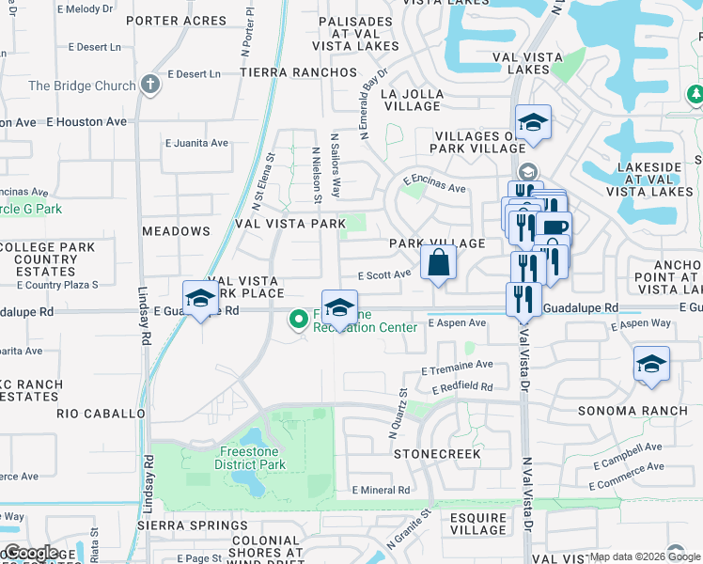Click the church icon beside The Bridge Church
(149, 86)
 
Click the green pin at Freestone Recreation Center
(299, 321)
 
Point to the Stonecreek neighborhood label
(437, 453)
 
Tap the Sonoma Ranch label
(633, 412)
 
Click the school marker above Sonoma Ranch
(651, 365)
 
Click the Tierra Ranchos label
(288, 72)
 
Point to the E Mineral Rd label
(381, 490)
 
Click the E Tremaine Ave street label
(458, 366)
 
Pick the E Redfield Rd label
(462, 386)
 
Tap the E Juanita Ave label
(196, 143)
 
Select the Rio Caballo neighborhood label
(101, 413)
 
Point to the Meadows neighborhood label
(176, 230)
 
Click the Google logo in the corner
(30, 553)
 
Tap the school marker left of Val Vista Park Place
(200, 300)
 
